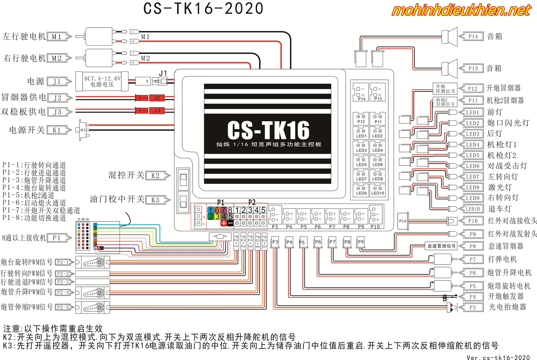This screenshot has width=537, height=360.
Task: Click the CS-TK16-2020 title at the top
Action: coord(203,9)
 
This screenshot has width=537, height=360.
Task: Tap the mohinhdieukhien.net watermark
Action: coord(461,10)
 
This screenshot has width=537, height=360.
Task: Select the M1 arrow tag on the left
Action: coord(59,37)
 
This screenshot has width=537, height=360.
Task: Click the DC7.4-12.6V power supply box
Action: coord(102,81)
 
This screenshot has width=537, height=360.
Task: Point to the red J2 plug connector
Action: coord(156,98)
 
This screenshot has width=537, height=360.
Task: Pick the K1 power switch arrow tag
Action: coord(59,130)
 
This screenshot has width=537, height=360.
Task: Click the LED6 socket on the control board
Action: coord(378,162)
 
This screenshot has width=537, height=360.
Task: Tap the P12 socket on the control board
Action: coord(361,119)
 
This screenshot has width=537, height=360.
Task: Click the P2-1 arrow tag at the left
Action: coord(64,262)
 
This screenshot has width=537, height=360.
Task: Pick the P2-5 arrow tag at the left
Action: coord(64,307)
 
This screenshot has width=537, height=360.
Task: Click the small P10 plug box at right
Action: coord(403,221)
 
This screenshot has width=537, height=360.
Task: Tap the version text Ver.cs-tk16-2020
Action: coord(498,357)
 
